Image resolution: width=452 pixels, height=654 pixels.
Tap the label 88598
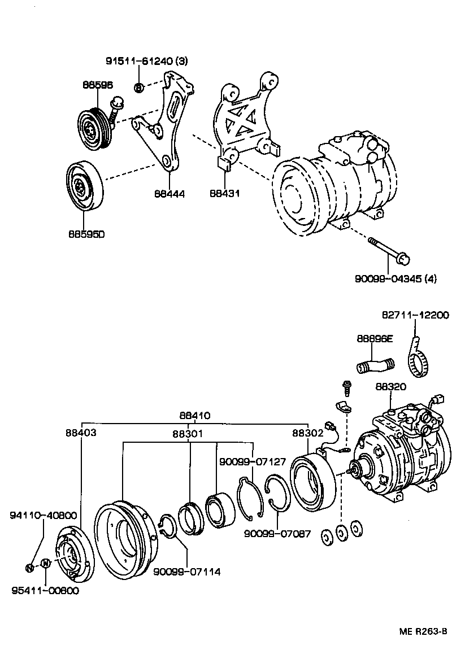click(x=97, y=85)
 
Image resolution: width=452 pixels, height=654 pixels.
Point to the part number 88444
click(x=169, y=193)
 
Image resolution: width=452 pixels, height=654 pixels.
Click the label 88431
click(x=224, y=193)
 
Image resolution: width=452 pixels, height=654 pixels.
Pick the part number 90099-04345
click(x=389, y=278)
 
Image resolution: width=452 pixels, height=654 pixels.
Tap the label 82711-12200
click(x=415, y=315)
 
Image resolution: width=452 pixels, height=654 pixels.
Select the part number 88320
click(x=391, y=387)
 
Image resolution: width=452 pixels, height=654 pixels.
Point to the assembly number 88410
click(x=195, y=416)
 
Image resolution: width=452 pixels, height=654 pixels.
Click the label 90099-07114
click(x=186, y=572)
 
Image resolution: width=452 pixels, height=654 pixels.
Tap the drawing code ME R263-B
click(x=420, y=631)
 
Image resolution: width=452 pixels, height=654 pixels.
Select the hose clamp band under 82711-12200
click(x=419, y=361)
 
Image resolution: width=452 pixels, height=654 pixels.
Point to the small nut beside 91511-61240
click(x=139, y=87)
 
